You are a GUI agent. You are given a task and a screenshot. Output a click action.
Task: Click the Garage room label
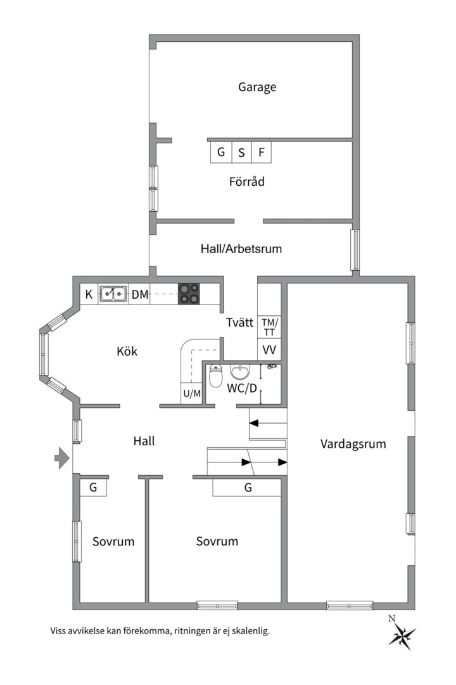pos(257,87)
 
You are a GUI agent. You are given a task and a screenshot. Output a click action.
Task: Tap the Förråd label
pos(246,181)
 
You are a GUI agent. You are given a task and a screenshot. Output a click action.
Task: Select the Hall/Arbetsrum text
pos(241,249)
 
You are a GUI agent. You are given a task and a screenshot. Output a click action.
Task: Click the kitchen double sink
pos(113,294)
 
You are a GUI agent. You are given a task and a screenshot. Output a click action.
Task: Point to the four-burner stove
pos(189,294)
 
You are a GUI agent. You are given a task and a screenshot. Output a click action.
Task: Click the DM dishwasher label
pos(140,294)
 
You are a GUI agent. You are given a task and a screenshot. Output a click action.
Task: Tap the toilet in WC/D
pos(215,375)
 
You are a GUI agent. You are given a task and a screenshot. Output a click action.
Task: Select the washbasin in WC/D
pos(240,372)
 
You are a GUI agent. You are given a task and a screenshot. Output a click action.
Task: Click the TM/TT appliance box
pos(269,327)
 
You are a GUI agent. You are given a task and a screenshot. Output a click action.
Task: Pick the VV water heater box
pos(269,349)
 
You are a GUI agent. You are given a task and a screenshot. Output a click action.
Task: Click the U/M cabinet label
pos(192,394)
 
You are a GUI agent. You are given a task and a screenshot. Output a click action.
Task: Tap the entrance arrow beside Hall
pos(62,458)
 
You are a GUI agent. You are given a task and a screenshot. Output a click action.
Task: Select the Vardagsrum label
pos(353,444)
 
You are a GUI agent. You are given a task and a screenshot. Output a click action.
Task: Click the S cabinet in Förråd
pos(241,152)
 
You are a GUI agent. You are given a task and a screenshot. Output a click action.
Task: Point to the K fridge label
pos(89,294)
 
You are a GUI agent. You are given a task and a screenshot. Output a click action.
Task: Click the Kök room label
pos(127,351)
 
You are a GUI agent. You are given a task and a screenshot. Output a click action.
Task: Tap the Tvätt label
pos(239,323)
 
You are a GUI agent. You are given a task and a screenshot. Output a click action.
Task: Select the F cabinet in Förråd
pos(262,152)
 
